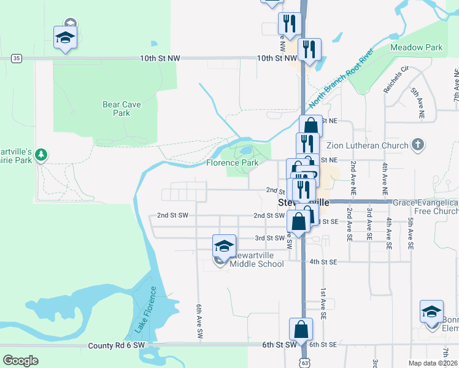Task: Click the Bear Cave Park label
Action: click(x=121, y=109)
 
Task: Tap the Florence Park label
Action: click(x=232, y=163)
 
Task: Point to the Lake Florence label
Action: click(x=142, y=314)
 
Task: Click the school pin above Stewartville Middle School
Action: click(x=225, y=247)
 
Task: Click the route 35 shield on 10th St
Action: click(x=17, y=58)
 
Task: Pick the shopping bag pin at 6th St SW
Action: click(x=301, y=329)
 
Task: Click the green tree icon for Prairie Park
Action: click(x=41, y=155)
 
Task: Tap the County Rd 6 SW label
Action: click(x=116, y=345)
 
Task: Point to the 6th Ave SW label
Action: click(x=199, y=322)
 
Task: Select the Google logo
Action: click(x=21, y=360)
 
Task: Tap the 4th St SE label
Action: click(x=323, y=262)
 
